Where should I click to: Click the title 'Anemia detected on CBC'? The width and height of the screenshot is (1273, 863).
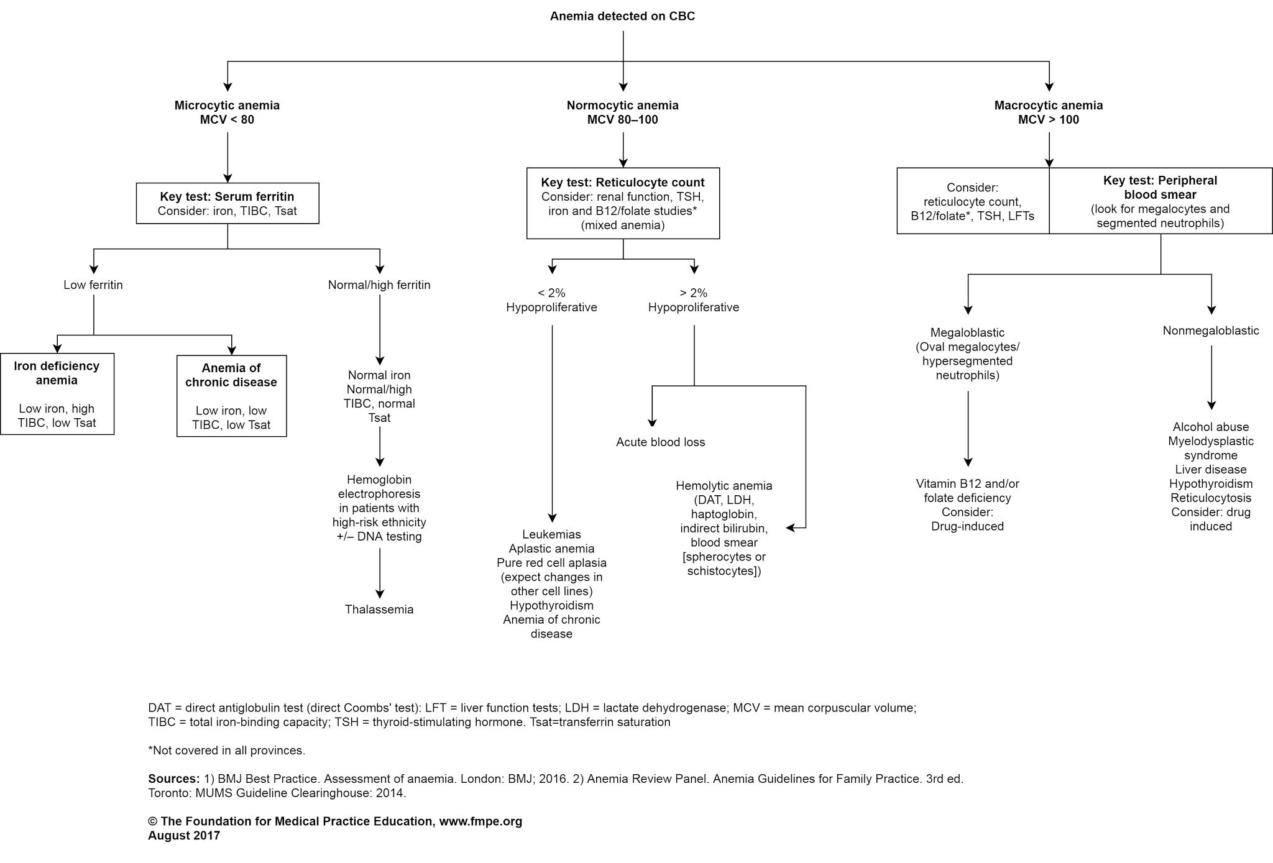click(622, 16)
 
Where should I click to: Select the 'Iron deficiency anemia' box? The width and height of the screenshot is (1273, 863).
click(57, 393)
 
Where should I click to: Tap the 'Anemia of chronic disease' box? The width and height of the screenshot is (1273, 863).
click(231, 396)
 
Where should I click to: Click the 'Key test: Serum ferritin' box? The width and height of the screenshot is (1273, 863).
click(227, 203)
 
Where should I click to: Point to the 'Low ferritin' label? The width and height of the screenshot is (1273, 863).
click(93, 285)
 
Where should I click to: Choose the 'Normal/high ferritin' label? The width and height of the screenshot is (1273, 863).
click(379, 285)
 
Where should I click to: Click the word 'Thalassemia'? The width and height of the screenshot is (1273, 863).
click(379, 610)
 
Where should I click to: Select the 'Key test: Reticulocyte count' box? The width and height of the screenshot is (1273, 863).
click(622, 203)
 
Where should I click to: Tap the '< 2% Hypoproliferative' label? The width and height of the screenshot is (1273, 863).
click(551, 300)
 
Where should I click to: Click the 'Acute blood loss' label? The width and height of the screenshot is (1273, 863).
click(660, 442)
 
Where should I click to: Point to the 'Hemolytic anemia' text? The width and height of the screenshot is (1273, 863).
click(724, 486)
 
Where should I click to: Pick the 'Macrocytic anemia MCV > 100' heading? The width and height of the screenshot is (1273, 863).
click(1048, 112)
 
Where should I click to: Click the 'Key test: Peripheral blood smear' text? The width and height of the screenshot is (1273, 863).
click(1160, 187)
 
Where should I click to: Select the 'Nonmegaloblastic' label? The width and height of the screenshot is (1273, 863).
click(1210, 331)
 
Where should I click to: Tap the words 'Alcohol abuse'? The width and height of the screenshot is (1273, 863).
click(1210, 427)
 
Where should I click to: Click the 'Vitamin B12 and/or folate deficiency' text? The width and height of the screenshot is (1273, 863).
click(967, 491)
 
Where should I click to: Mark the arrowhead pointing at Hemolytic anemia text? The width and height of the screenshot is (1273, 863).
click(790, 528)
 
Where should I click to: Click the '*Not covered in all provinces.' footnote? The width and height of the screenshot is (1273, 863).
click(226, 751)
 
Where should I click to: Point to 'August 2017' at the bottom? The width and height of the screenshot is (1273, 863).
click(184, 836)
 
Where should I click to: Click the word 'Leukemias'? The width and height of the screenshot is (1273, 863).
click(551, 534)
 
